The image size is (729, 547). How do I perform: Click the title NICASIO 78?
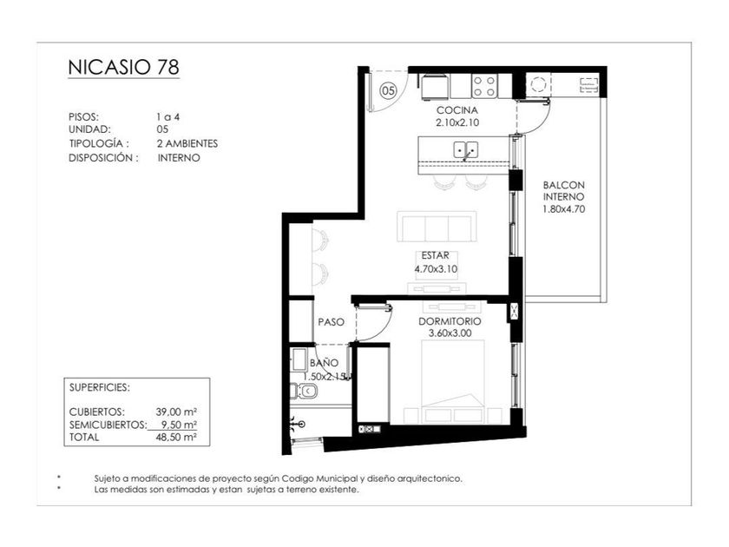click(123, 67)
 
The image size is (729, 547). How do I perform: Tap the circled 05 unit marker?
click(389, 89)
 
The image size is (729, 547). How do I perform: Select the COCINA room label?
click(457, 110)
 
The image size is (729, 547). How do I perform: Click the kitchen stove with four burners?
click(484, 86)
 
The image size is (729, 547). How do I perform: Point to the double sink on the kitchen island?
click(465, 150)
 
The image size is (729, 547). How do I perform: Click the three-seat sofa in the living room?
click(437, 227)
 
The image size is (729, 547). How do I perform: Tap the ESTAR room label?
click(435, 255)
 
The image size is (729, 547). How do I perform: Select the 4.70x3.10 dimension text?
click(436, 269)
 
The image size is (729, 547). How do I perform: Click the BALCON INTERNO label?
click(563, 191)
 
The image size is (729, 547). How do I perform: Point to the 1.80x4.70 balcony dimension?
click(563, 209)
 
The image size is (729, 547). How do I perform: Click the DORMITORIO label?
click(450, 321)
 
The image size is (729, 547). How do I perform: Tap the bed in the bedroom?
click(453, 381)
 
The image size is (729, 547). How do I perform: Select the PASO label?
click(331, 322)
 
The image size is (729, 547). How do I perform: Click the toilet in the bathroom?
click(305, 392)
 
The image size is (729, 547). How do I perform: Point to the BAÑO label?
click(324, 363)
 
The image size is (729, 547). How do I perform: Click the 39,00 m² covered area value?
click(176, 412)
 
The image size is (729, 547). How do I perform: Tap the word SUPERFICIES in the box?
click(100, 387)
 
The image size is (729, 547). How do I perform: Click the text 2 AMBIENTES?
click(187, 144)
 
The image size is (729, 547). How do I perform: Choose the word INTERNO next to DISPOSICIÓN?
click(179, 158)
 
